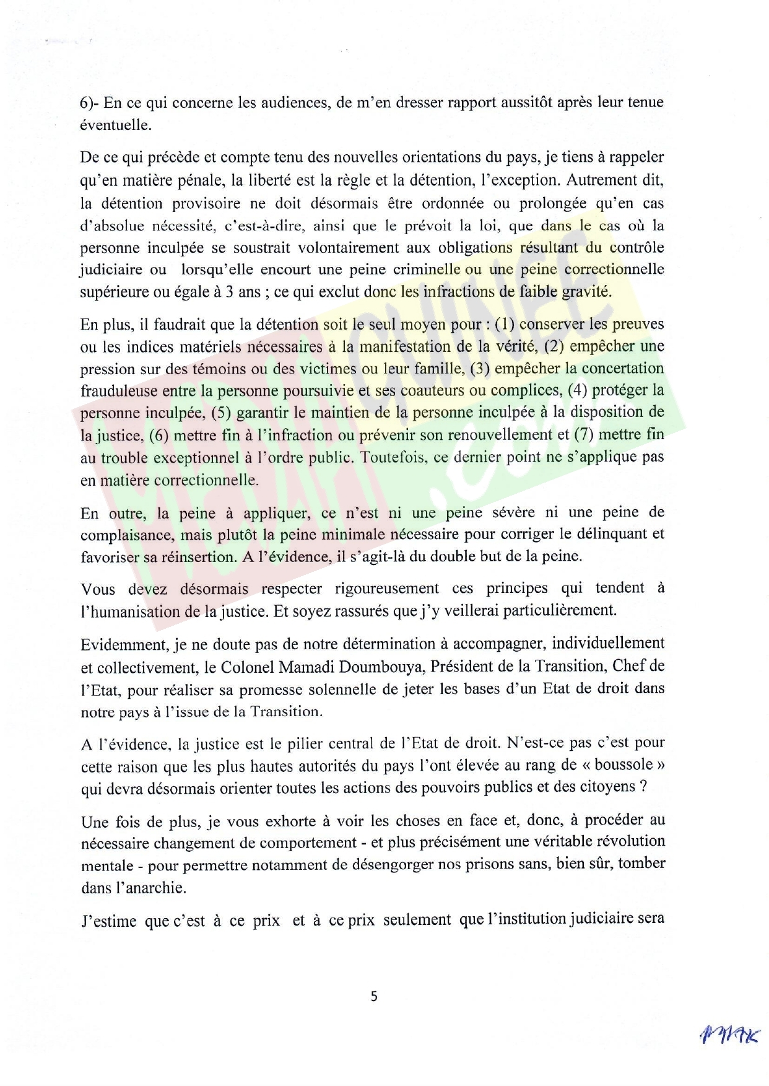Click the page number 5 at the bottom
(373, 997)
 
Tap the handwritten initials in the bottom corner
(729, 1035)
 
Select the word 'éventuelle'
(115, 125)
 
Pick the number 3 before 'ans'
(229, 292)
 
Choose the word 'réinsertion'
(199, 557)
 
